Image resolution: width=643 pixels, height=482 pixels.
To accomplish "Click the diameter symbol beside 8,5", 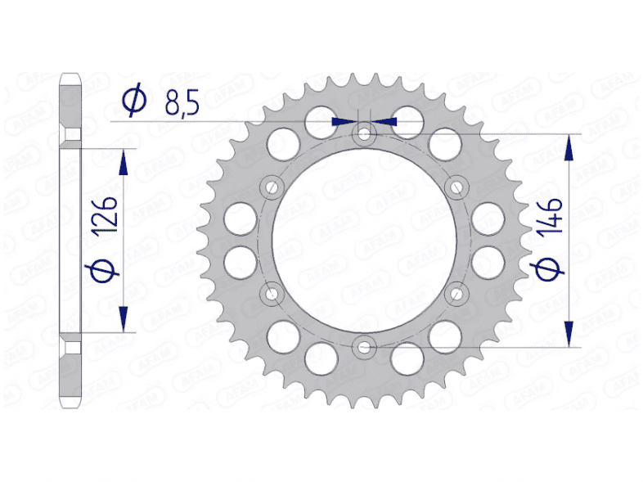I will (x=133, y=101).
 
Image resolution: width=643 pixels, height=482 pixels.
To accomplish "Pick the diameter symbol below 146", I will (x=549, y=269).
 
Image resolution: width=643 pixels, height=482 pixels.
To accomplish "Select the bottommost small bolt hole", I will (x=364, y=347).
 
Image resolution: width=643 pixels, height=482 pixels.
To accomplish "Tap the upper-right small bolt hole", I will (x=456, y=187).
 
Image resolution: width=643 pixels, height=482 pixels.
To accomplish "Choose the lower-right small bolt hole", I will (x=456, y=293).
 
